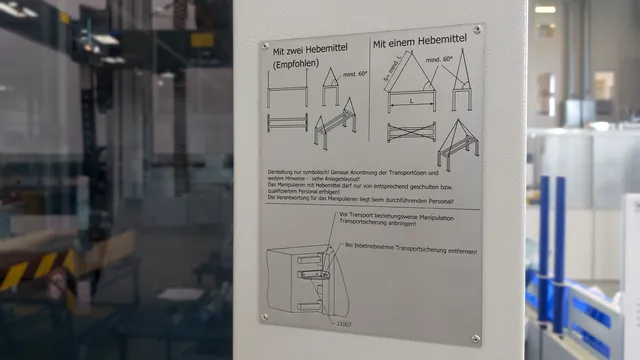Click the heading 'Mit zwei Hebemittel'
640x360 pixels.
point(312,48)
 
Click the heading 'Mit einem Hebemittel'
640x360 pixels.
point(420,44)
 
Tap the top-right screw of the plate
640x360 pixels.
point(477,30)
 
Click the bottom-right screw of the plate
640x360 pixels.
point(475,338)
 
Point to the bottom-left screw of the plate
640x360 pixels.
point(266,317)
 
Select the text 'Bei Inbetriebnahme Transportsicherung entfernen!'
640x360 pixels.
point(411,250)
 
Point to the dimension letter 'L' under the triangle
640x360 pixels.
point(411,101)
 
